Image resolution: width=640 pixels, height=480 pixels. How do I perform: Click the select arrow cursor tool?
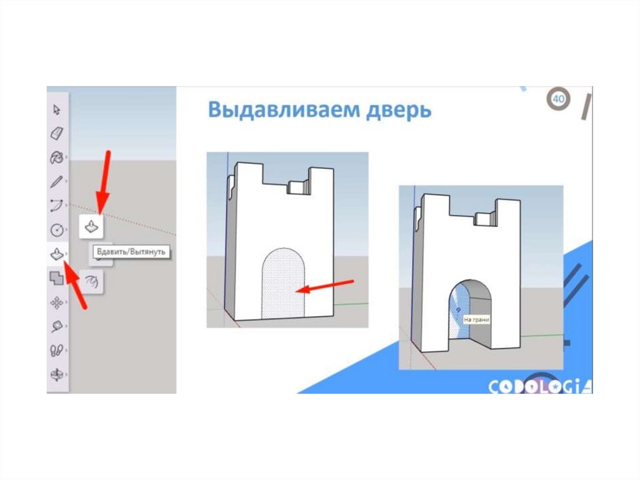tap(57, 110)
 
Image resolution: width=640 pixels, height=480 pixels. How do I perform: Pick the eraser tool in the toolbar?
tap(57, 133)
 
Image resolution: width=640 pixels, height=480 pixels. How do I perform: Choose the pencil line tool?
tap(57, 181)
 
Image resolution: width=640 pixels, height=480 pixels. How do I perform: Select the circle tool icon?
tap(57, 230)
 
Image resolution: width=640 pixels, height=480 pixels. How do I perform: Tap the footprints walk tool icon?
tap(56, 350)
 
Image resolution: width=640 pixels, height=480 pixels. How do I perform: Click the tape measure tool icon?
tap(57, 326)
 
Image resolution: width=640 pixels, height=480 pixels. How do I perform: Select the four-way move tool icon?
tap(57, 302)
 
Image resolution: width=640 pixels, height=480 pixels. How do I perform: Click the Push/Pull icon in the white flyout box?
tap(91, 226)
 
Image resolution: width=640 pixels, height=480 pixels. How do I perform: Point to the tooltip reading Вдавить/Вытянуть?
tap(131, 252)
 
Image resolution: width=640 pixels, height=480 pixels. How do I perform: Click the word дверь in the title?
tap(399, 110)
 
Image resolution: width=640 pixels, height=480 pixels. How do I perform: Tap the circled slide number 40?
tap(558, 99)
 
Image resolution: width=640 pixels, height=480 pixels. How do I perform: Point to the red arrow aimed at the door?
tap(325, 286)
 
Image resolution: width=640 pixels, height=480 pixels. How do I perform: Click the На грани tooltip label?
tap(476, 320)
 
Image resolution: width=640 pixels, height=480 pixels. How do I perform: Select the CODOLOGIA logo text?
tap(540, 386)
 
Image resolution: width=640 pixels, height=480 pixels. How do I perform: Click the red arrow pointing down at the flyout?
tap(104, 182)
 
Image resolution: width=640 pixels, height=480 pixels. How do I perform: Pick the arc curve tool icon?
tap(57, 206)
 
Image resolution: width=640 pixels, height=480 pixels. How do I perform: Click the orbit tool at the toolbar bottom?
tap(56, 374)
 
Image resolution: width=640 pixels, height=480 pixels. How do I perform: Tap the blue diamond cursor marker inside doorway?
tap(458, 310)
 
